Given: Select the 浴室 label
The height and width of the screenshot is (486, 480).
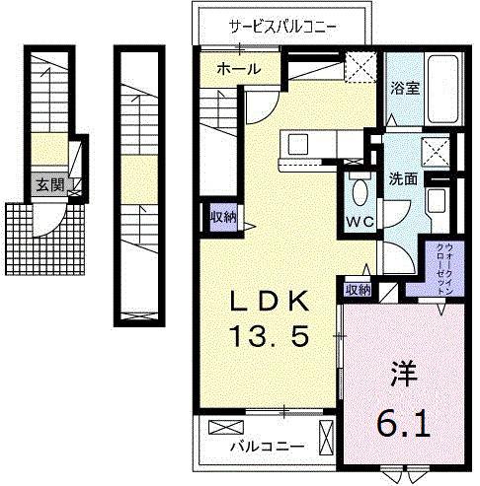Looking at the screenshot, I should tap(405, 88).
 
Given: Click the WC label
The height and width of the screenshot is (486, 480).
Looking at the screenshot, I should tap(359, 221).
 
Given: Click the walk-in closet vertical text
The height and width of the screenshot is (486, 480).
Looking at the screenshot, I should tap(438, 268).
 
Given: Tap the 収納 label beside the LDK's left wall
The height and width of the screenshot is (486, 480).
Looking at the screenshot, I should tap(221, 216).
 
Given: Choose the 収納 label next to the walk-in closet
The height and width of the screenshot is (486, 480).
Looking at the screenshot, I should tap(358, 289).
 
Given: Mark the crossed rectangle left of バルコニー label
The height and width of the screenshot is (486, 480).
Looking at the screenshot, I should tap(226, 427).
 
